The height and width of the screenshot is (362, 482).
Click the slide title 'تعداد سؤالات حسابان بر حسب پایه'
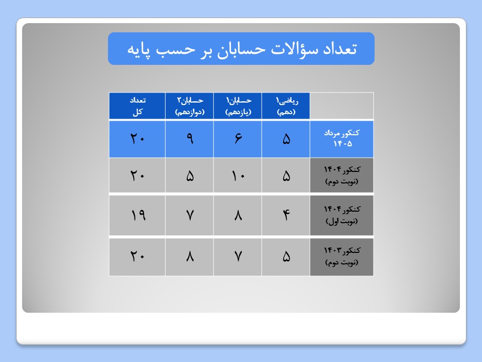point(242,49)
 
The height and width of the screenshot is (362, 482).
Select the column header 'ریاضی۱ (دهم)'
point(286,106)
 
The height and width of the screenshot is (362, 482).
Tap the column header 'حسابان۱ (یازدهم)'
point(238,106)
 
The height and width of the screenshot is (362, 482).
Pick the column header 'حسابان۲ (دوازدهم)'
point(190,106)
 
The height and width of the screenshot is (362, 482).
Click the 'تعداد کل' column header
point(138,106)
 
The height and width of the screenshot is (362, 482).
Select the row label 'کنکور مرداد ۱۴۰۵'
point(342,138)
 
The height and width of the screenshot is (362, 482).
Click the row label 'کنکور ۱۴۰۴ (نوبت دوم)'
point(342,175)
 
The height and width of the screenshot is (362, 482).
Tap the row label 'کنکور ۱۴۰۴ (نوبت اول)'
point(342,215)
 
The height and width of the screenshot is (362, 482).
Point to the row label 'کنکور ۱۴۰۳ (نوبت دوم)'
point(342,256)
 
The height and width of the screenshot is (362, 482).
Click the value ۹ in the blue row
point(190,139)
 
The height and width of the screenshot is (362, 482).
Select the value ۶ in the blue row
point(238,139)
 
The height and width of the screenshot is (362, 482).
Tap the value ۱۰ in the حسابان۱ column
point(238,176)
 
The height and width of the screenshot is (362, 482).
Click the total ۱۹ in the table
point(138,215)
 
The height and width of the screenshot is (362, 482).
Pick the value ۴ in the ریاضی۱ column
point(286,215)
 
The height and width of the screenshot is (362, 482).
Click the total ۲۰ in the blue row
point(138,139)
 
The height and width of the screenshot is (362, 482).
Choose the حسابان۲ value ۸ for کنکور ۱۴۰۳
point(190,256)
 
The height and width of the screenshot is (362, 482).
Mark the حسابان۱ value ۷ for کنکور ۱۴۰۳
point(238,256)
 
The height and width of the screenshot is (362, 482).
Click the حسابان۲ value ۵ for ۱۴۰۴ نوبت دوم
point(190,176)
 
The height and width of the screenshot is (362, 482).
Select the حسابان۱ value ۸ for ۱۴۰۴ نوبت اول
point(238,215)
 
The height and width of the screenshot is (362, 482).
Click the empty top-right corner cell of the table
point(342,106)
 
